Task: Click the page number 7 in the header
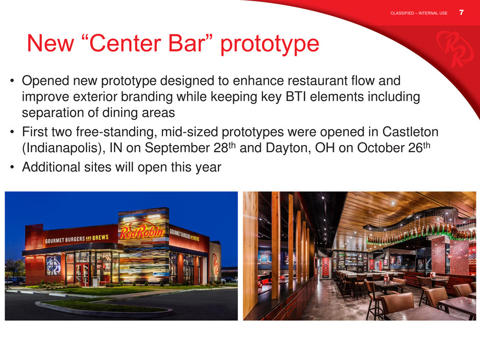(461, 13)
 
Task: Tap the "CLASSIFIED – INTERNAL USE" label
(419, 13)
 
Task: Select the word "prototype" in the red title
(270, 45)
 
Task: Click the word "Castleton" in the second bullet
(410, 132)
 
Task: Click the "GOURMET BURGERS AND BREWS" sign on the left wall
(77, 239)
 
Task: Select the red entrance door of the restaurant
(83, 274)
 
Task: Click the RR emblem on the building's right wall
(215, 264)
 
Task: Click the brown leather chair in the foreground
(397, 304)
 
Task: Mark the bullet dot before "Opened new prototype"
(12, 81)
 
